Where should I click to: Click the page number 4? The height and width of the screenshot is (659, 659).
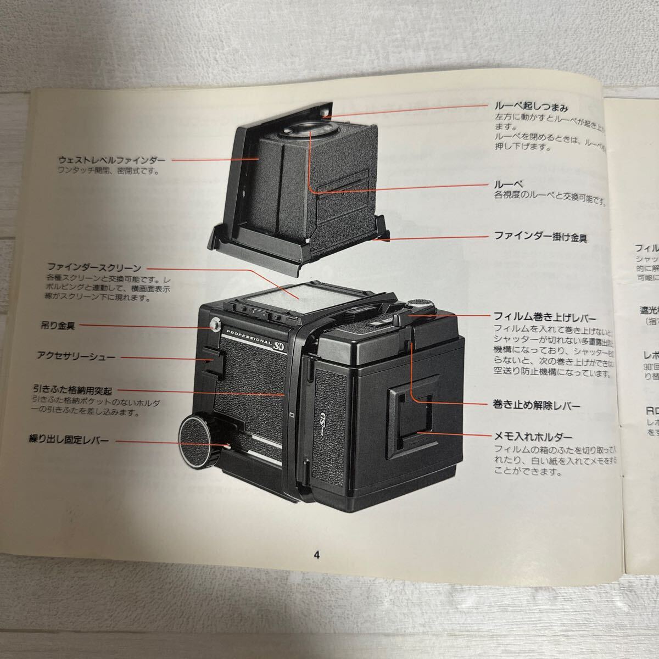coord(316,554)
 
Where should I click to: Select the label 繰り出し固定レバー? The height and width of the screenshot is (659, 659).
coord(69,439)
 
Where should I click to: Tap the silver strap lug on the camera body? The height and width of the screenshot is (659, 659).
coord(215,325)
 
